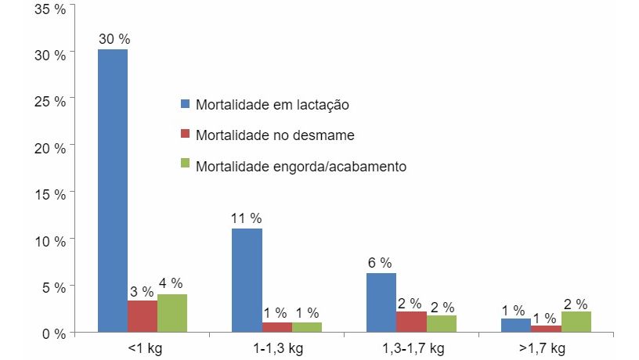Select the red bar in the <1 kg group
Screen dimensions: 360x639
(x=143, y=316)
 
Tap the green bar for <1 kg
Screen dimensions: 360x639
(x=172, y=313)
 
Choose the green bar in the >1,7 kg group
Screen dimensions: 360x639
(x=576, y=322)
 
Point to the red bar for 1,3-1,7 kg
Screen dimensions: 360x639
(x=411, y=322)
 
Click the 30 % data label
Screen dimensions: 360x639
(x=113, y=38)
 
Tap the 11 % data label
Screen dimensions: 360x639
(x=246, y=217)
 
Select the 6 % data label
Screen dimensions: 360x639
(x=380, y=262)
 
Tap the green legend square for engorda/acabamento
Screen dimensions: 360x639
(x=186, y=166)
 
